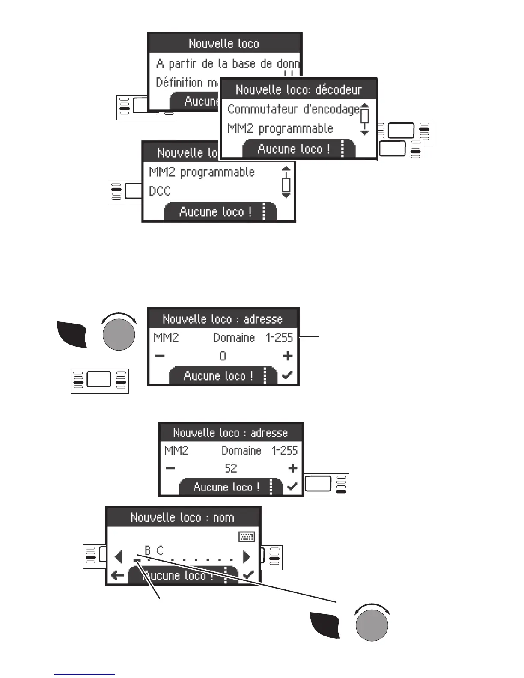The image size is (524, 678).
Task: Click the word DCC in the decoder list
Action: pyautogui.click(x=160, y=191)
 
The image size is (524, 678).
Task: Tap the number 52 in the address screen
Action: pyautogui.click(x=231, y=468)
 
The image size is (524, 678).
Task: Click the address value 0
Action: pyautogui.click(x=223, y=356)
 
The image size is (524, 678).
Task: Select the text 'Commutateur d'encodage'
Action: pyautogui.click(x=293, y=110)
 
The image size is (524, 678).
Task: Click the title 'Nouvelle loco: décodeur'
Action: pyautogui.click(x=298, y=90)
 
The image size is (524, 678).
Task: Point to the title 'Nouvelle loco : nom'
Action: pyautogui.click(x=182, y=517)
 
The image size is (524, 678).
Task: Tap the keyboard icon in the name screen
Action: pyautogui.click(x=247, y=537)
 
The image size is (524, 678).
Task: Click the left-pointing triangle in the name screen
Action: pyautogui.click(x=119, y=557)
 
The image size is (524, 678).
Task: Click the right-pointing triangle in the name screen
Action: pyautogui.click(x=247, y=557)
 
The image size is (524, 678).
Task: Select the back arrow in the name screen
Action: pyautogui.click(x=117, y=575)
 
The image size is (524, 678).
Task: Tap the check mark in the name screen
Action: pyautogui.click(x=248, y=575)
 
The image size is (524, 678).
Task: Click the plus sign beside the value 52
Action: pyautogui.click(x=293, y=468)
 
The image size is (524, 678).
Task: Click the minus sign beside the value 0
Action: pyautogui.click(x=160, y=356)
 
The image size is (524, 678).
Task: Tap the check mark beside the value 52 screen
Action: pyautogui.click(x=292, y=486)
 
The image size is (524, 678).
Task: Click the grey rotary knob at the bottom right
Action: pyautogui.click(x=372, y=625)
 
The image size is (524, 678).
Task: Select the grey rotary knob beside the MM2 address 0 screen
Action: pyautogui.click(x=119, y=334)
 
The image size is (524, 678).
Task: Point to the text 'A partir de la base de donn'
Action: pyautogui.click(x=227, y=64)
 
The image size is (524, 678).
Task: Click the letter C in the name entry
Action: pyautogui.click(x=160, y=550)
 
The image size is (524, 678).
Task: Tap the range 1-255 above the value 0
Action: pyautogui.click(x=279, y=338)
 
